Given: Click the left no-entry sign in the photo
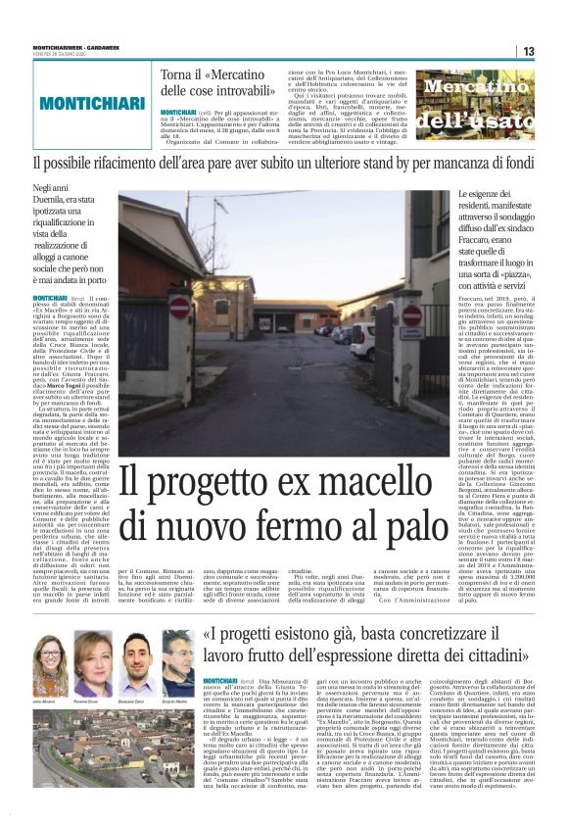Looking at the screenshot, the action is click(179, 308).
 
